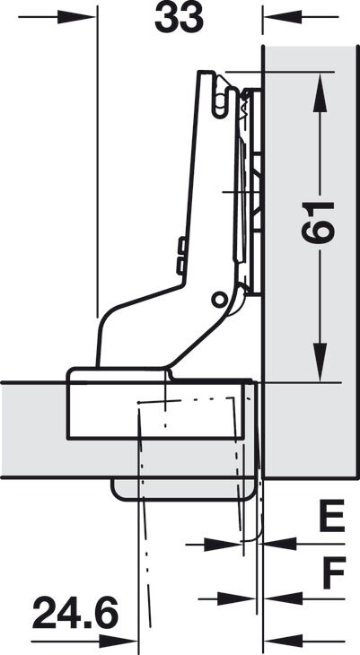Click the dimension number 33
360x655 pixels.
179,19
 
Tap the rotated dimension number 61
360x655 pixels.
319,223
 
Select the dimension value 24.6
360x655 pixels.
75,613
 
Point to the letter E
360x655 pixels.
332,516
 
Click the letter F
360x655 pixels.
334,572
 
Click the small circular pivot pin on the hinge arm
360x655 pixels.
218,300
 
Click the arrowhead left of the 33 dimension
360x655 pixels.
76,17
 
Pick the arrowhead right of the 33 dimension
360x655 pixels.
283,17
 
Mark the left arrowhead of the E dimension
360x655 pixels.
223,545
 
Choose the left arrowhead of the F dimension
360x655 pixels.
236,599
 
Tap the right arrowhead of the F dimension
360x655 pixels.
284,599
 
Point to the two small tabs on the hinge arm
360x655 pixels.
181,256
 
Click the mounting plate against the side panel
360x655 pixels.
252,191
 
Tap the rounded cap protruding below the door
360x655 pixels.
183,489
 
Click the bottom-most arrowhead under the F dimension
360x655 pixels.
284,642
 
